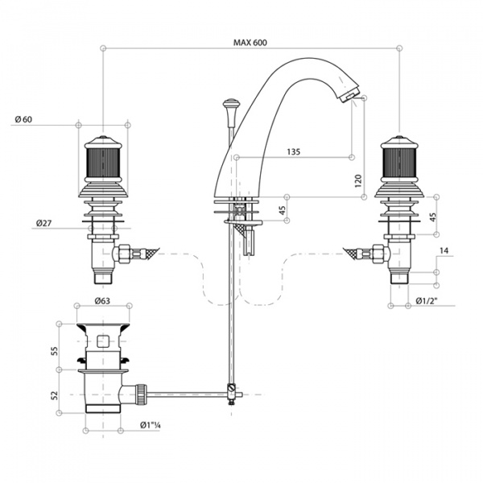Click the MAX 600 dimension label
(250, 43)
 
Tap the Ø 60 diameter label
(23, 119)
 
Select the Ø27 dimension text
(43, 223)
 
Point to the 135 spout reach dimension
(294, 151)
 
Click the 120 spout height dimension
(358, 181)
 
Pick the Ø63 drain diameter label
(102, 300)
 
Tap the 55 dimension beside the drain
(54, 351)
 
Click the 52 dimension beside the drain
(54, 395)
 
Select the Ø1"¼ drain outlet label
(151, 425)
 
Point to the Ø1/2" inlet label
(427, 300)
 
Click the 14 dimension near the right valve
(444, 250)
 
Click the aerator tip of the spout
(349, 94)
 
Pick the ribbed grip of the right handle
(399, 163)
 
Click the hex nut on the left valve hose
(123, 254)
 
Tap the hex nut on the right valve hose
(379, 254)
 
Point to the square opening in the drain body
(103, 341)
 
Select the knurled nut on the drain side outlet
(142, 394)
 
